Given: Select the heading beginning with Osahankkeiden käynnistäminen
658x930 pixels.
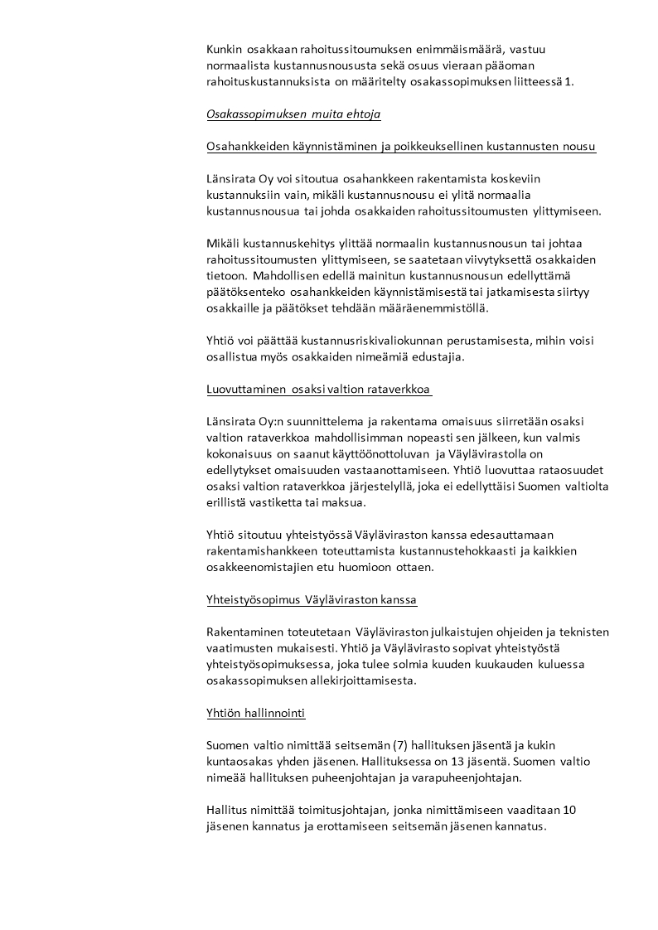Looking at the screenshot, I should [x=400, y=147].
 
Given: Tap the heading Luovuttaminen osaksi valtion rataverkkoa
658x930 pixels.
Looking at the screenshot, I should [x=319, y=389].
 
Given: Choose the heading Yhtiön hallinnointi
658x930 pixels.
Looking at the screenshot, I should [x=256, y=712].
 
